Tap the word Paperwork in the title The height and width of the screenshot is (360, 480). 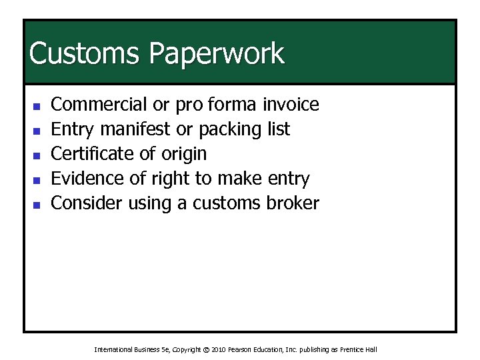[217, 54]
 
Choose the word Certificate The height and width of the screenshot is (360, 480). [92, 154]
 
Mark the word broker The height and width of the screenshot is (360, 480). [292, 203]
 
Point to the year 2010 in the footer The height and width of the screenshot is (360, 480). [219, 349]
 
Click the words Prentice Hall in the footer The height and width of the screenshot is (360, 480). [360, 349]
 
